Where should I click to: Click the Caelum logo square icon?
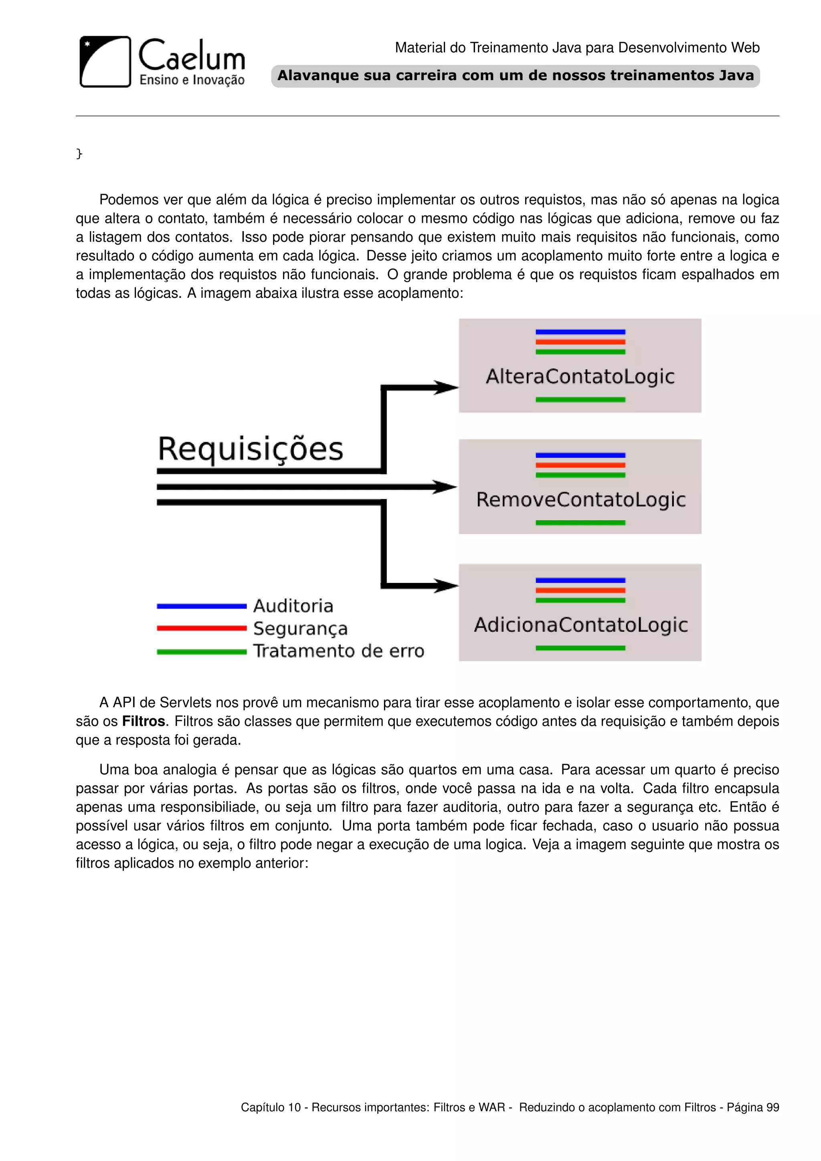pyautogui.click(x=105, y=62)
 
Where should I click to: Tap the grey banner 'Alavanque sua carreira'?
pyautogui.click(x=515, y=76)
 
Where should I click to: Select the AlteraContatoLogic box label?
pyautogui.click(x=580, y=377)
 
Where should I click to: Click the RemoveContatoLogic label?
pyautogui.click(x=580, y=500)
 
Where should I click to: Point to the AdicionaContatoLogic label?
pyautogui.click(x=580, y=625)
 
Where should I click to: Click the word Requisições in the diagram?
pyautogui.click(x=250, y=449)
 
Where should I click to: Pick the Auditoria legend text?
pyautogui.click(x=293, y=606)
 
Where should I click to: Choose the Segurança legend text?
pyautogui.click(x=300, y=629)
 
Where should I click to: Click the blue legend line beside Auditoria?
pyautogui.click(x=201, y=606)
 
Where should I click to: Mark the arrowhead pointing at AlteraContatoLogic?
pyautogui.click(x=446, y=388)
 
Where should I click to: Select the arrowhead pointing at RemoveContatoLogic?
pyautogui.click(x=445, y=487)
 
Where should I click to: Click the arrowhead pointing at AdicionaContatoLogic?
pyautogui.click(x=446, y=586)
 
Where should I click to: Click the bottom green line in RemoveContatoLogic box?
pyautogui.click(x=580, y=523)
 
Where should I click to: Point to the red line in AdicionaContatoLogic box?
pyautogui.click(x=580, y=590)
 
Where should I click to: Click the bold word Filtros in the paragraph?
pyautogui.click(x=144, y=721)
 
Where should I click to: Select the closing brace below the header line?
pyautogui.click(x=79, y=153)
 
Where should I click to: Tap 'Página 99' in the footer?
pyautogui.click(x=753, y=1107)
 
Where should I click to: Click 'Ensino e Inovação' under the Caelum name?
pyautogui.click(x=192, y=80)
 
